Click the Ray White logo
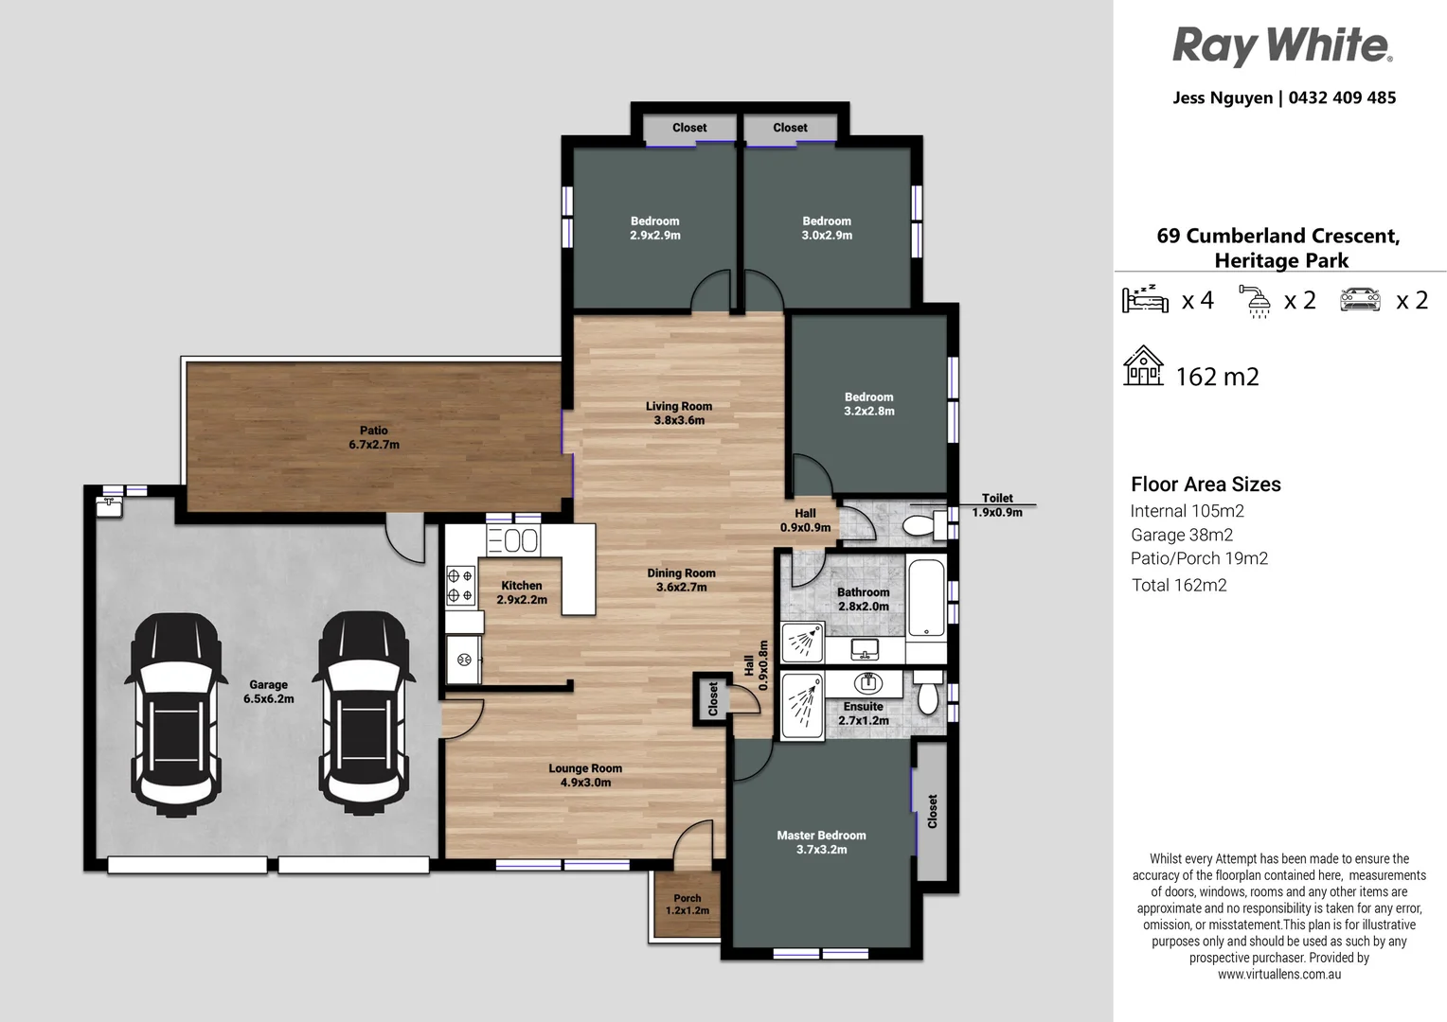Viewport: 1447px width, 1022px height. tap(1281, 45)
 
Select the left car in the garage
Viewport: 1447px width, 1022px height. tap(176, 714)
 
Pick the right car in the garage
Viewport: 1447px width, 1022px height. tap(365, 714)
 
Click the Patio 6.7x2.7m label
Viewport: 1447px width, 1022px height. tap(374, 437)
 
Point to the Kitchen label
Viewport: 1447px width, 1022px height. tap(522, 592)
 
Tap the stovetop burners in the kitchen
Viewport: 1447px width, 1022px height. tap(460, 585)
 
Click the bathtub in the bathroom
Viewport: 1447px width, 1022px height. tap(925, 598)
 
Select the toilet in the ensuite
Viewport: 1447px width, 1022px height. tap(928, 694)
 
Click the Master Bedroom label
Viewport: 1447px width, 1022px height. tap(821, 842)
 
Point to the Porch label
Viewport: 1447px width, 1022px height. tap(688, 905)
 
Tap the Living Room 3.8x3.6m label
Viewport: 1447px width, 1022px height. tap(679, 413)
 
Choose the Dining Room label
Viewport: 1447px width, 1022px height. tap(681, 580)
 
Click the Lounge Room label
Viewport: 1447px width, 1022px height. tap(585, 775)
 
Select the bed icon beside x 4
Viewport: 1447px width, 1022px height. tap(1145, 299)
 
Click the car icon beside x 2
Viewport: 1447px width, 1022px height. tap(1360, 299)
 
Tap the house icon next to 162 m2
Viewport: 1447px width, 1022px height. tap(1143, 366)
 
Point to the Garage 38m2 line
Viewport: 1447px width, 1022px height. tap(1181, 535)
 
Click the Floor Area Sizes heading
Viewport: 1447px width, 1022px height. tap(1206, 485)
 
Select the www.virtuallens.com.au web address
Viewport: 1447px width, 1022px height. tap(1278, 974)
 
